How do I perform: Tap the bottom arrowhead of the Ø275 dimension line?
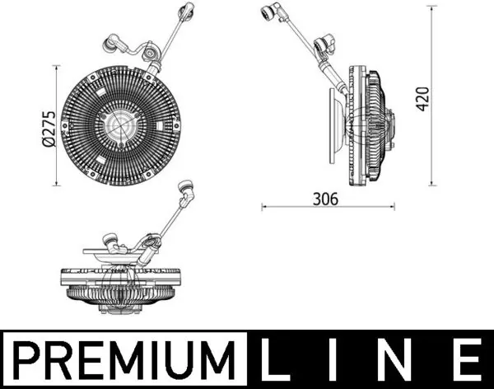[x=56, y=185]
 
